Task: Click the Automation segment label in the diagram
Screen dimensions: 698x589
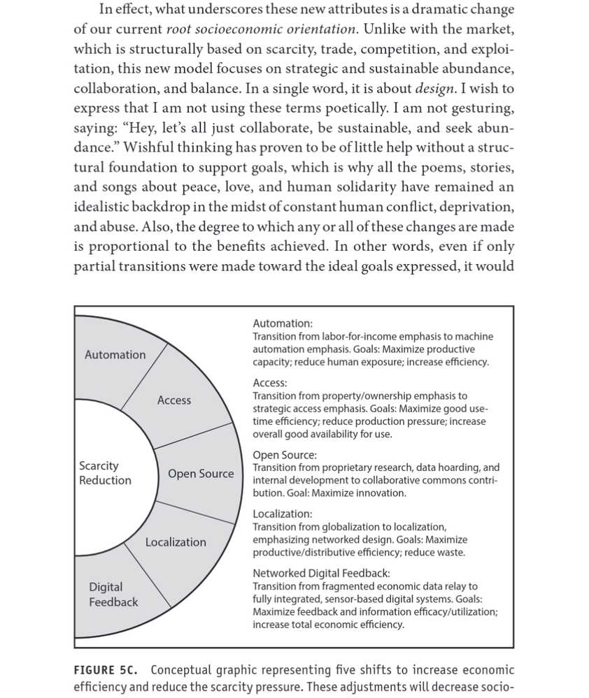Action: (x=115, y=355)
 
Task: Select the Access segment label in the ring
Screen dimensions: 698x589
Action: (x=174, y=400)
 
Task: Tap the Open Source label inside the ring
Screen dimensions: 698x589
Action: (x=201, y=474)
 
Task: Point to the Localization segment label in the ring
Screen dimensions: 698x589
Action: (x=176, y=542)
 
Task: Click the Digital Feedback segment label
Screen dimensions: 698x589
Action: (x=113, y=595)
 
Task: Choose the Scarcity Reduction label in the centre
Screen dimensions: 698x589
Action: (x=105, y=473)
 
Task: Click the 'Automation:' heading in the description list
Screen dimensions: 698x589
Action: (x=283, y=323)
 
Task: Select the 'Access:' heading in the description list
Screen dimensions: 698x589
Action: (x=270, y=384)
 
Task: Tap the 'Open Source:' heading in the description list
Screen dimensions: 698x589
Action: (x=285, y=456)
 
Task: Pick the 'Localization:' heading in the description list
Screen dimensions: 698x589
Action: (x=283, y=514)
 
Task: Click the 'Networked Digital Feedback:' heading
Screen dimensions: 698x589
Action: (x=321, y=574)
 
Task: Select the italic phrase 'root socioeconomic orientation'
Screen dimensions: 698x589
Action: (x=261, y=29)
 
